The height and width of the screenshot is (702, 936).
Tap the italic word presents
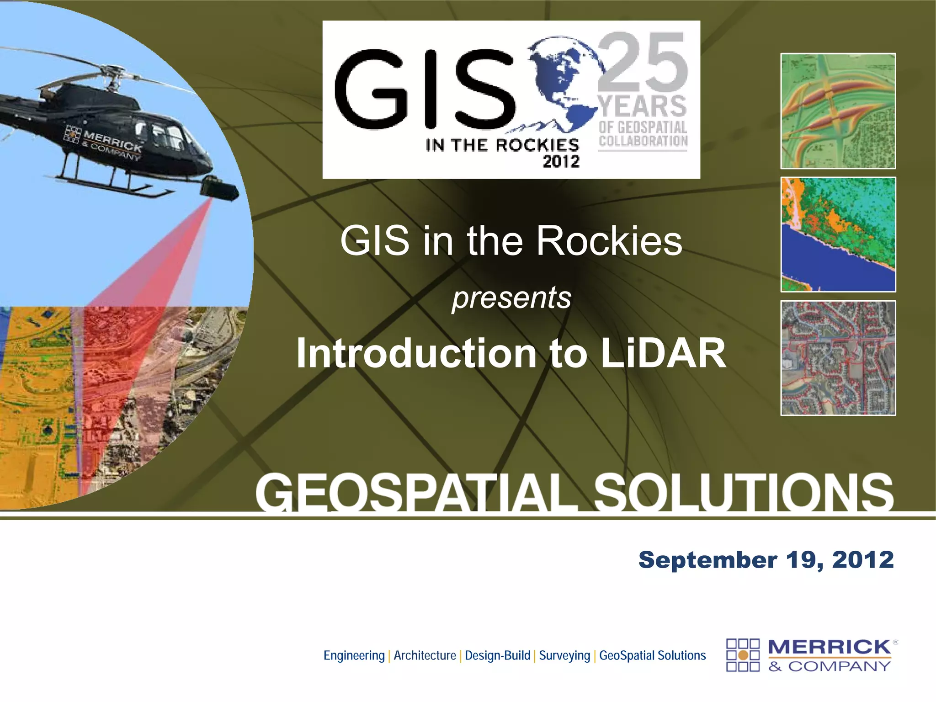coord(512,298)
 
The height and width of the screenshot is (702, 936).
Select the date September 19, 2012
coord(766,560)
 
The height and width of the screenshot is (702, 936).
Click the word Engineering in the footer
coord(354,655)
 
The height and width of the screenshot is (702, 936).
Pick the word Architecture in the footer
coord(425,655)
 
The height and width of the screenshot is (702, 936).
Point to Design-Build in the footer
coord(497,655)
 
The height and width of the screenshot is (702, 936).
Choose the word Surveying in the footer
coord(564,655)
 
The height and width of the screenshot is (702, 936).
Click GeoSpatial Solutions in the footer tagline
coord(652,655)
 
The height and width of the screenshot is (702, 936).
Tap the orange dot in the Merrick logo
coord(743,655)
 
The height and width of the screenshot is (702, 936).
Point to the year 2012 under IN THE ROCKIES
coord(561,161)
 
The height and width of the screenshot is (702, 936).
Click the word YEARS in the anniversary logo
coord(643,106)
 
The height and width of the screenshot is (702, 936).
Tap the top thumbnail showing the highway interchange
coord(838,111)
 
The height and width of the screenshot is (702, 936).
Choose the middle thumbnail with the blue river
coord(838,234)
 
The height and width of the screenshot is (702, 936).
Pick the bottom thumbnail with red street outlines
coord(838,358)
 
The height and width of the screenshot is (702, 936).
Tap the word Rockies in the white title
coord(609,241)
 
